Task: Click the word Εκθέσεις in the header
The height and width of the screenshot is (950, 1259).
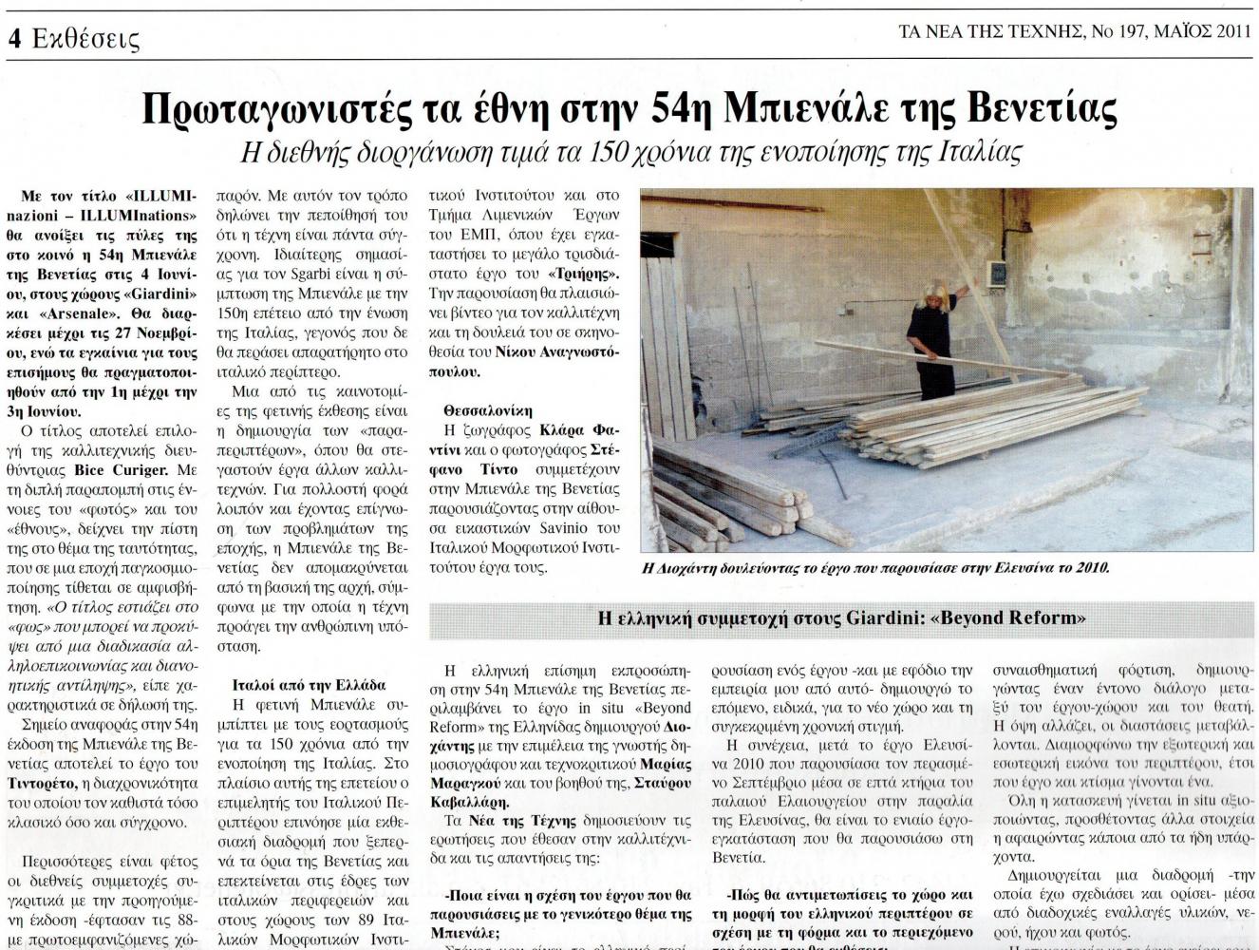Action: tap(85, 39)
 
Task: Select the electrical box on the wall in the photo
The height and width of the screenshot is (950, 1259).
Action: tap(997, 273)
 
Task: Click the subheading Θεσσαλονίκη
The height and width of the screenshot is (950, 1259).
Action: tap(488, 410)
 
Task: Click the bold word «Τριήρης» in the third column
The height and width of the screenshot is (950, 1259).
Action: tap(592, 274)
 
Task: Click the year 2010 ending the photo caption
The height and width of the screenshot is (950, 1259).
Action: tap(1090, 568)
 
